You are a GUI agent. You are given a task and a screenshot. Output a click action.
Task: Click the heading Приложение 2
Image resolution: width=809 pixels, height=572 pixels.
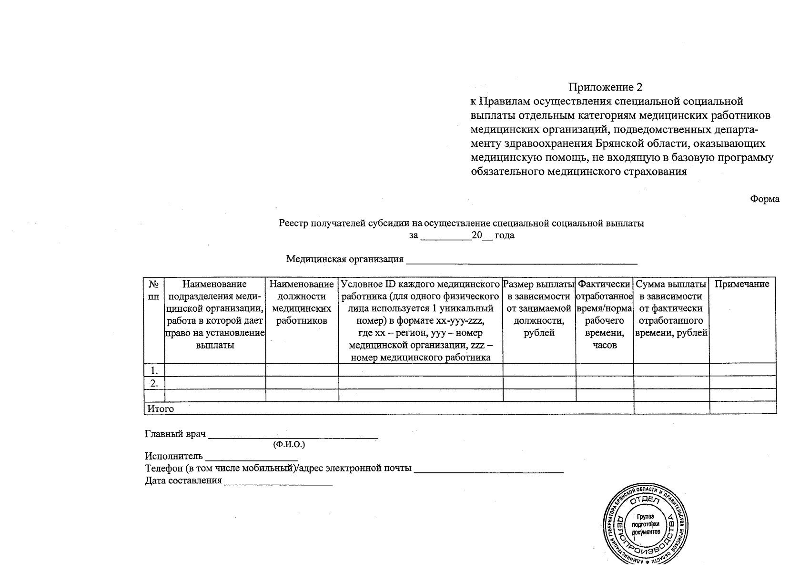(x=605, y=87)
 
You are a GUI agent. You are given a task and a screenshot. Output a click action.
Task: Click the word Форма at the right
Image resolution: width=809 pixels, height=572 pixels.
(x=764, y=199)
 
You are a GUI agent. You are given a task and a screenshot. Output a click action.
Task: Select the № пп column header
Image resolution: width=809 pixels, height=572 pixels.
(x=153, y=290)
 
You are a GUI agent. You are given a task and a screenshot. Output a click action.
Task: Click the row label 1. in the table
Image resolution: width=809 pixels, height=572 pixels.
(x=154, y=370)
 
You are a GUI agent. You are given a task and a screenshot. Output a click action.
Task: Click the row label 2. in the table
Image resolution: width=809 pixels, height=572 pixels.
(x=154, y=383)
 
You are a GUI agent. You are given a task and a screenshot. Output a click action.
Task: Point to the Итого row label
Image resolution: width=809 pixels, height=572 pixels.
(x=160, y=409)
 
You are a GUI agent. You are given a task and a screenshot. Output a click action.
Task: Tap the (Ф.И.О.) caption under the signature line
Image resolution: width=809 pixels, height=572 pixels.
(x=289, y=445)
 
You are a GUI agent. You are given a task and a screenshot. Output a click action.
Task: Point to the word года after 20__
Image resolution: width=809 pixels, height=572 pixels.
(x=505, y=235)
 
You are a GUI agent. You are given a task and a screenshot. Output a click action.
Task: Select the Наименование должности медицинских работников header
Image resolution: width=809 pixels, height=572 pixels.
(x=302, y=303)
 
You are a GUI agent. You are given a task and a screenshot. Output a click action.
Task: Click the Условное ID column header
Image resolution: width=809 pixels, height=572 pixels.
(x=420, y=321)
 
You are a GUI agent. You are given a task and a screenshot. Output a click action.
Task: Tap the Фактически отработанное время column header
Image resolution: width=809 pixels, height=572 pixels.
(x=604, y=315)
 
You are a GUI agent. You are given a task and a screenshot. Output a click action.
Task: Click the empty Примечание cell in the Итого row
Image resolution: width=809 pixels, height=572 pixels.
(x=742, y=409)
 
